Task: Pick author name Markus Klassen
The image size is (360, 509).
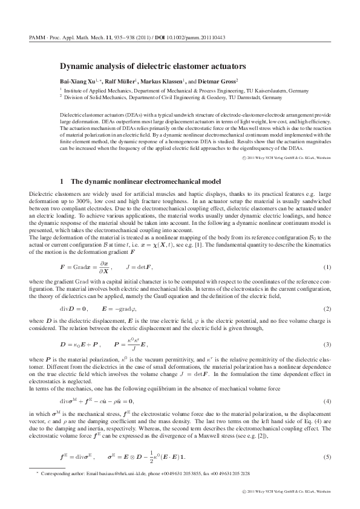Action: coord(168,80)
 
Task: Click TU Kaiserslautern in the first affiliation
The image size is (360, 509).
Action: coord(246,89)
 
